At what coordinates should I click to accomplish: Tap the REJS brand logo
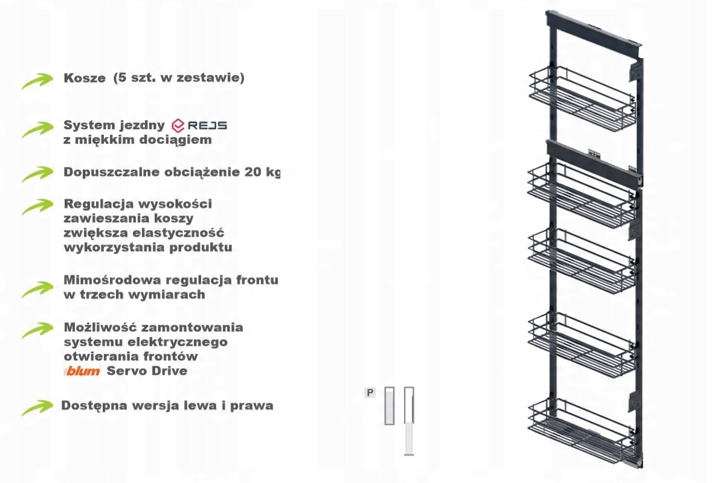click(x=199, y=126)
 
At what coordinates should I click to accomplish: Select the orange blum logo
click(x=82, y=371)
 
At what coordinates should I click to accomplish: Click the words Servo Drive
click(x=147, y=371)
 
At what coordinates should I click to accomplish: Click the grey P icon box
click(x=370, y=392)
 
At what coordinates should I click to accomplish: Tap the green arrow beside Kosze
click(x=37, y=81)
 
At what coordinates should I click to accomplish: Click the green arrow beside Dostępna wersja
click(x=37, y=408)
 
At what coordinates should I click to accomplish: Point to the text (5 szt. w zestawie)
click(x=179, y=78)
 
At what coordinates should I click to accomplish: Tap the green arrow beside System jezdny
click(x=37, y=130)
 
